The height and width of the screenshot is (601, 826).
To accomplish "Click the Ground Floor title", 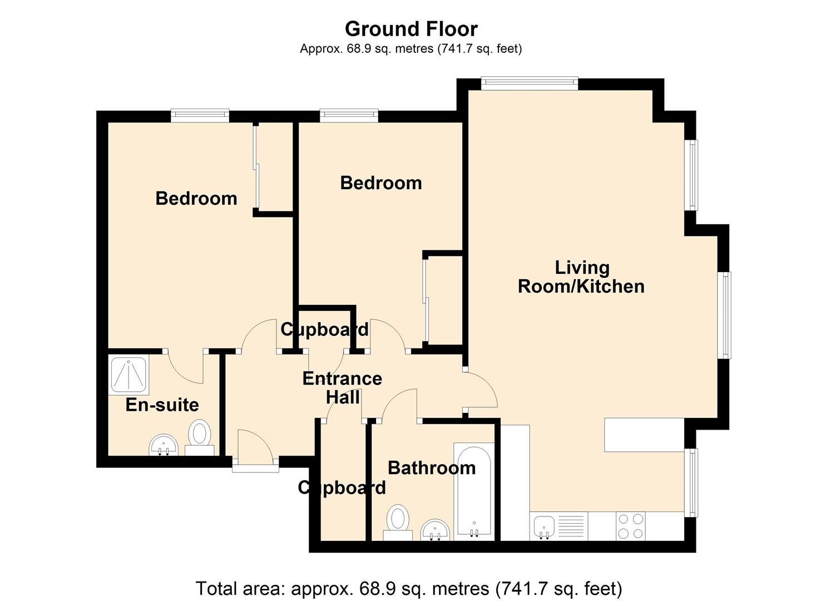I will pyautogui.click(x=411, y=28).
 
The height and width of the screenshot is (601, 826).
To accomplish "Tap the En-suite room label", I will pyautogui.click(x=162, y=405).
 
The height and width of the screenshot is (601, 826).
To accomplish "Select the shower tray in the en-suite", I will pyautogui.click(x=128, y=375).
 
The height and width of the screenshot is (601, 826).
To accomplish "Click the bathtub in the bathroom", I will pyautogui.click(x=474, y=490).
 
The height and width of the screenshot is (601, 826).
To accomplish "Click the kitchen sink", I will pyautogui.click(x=543, y=526).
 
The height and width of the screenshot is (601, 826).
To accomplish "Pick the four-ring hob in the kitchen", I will pyautogui.click(x=631, y=526).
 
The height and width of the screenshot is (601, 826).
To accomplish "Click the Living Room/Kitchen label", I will pyautogui.click(x=581, y=277).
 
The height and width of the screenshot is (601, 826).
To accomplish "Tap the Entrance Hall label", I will pyautogui.click(x=342, y=388).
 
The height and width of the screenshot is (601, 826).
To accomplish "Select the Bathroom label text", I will pyautogui.click(x=432, y=468).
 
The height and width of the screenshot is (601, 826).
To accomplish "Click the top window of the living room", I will pyautogui.click(x=529, y=83).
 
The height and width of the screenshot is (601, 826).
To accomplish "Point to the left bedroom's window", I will pyautogui.click(x=200, y=116).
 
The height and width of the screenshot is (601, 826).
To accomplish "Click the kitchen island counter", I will pyautogui.click(x=644, y=435).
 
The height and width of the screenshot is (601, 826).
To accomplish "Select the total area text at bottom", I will pyautogui.click(x=409, y=588).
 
